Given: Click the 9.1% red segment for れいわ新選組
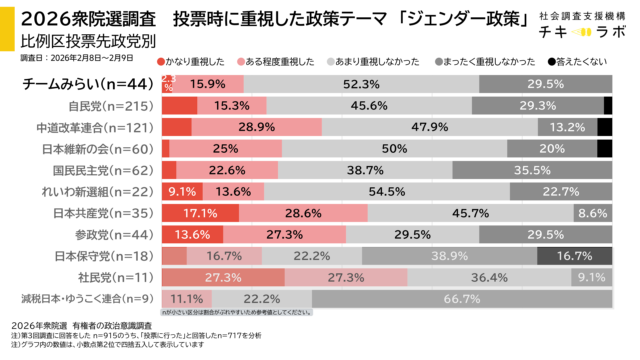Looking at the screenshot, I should [x=181, y=191].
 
